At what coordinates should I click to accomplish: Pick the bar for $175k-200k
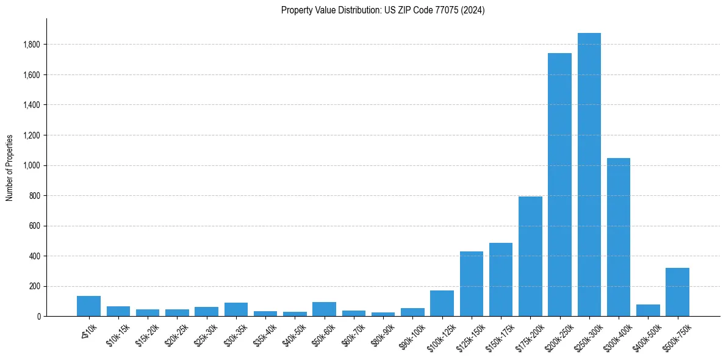coord(530,256)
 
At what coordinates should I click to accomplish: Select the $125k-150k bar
coord(471,284)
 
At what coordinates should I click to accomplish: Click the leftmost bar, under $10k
coord(88,306)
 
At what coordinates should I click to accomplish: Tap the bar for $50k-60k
coord(324,309)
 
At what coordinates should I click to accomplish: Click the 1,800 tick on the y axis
coord(32,45)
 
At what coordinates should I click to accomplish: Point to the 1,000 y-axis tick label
coord(32,165)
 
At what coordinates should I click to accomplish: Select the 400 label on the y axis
coord(35,256)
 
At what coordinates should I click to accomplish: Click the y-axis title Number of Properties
coord(10,168)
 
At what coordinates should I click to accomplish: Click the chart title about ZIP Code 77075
coord(383,10)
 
